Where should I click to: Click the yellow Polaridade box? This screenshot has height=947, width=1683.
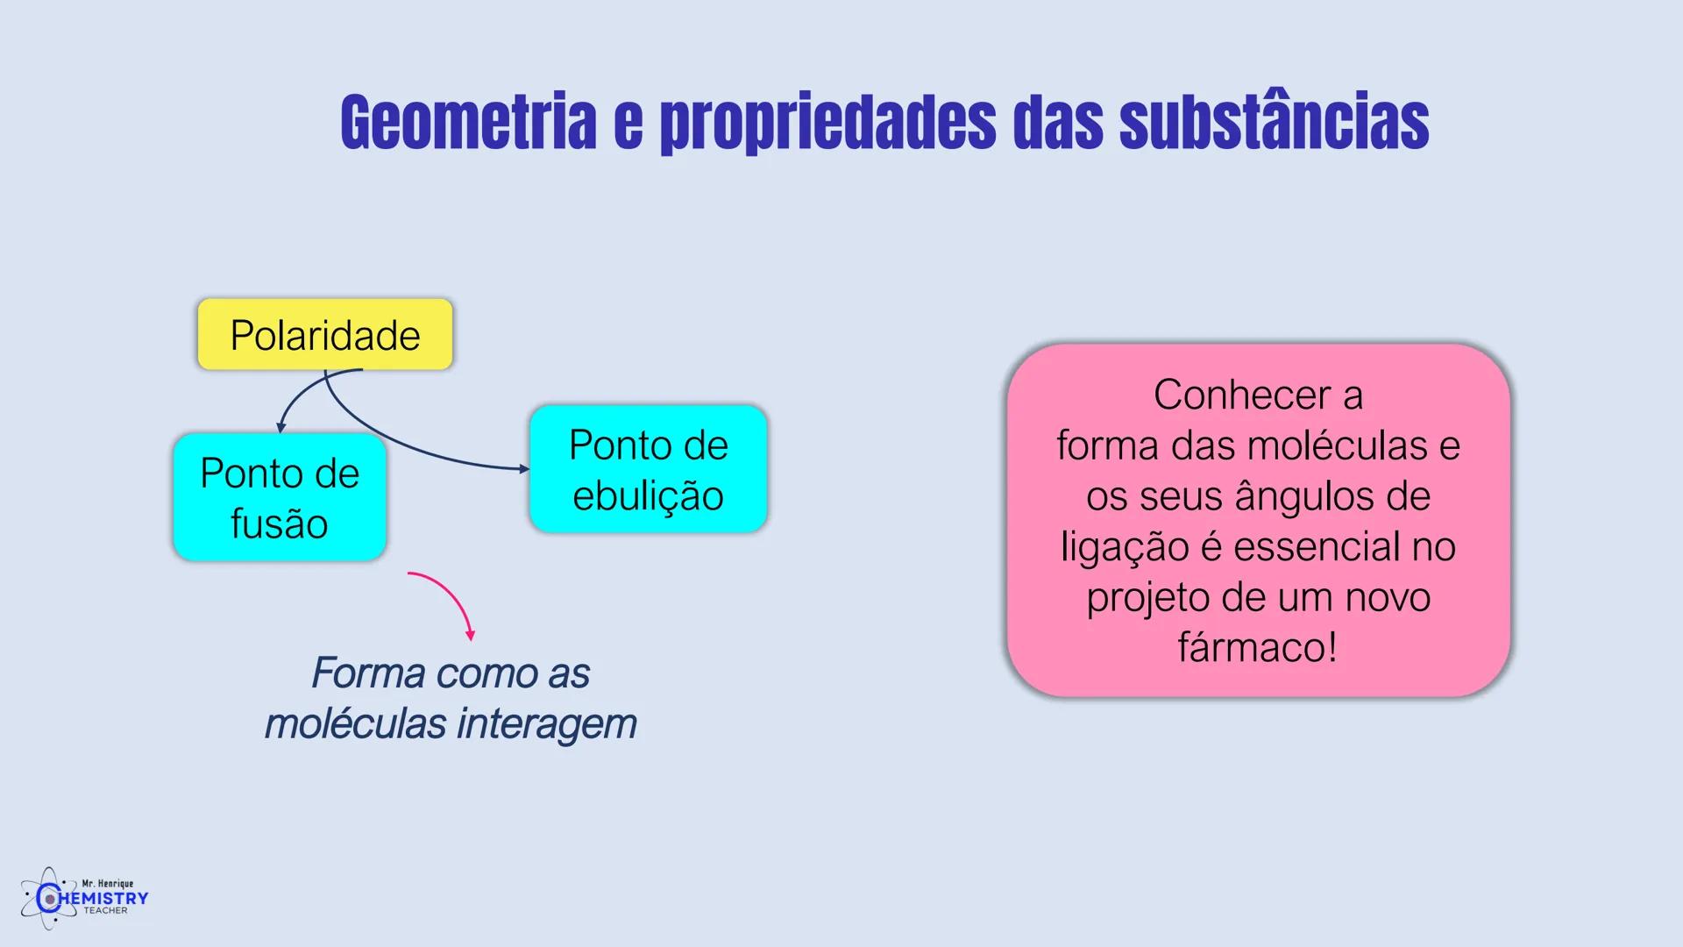(x=325, y=334)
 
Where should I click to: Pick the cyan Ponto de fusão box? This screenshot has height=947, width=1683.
(x=280, y=497)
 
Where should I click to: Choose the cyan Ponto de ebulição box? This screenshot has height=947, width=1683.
(x=648, y=469)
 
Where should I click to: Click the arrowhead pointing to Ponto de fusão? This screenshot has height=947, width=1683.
(x=280, y=427)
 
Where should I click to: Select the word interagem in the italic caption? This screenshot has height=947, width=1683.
(x=547, y=724)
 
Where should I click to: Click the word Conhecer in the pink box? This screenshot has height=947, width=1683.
(x=1242, y=395)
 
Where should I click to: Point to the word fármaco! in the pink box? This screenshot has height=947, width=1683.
(x=1258, y=648)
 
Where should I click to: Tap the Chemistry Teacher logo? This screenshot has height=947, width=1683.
(x=85, y=898)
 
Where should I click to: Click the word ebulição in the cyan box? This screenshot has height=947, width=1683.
(x=648, y=495)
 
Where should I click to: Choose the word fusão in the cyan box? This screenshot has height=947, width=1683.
(x=280, y=523)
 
